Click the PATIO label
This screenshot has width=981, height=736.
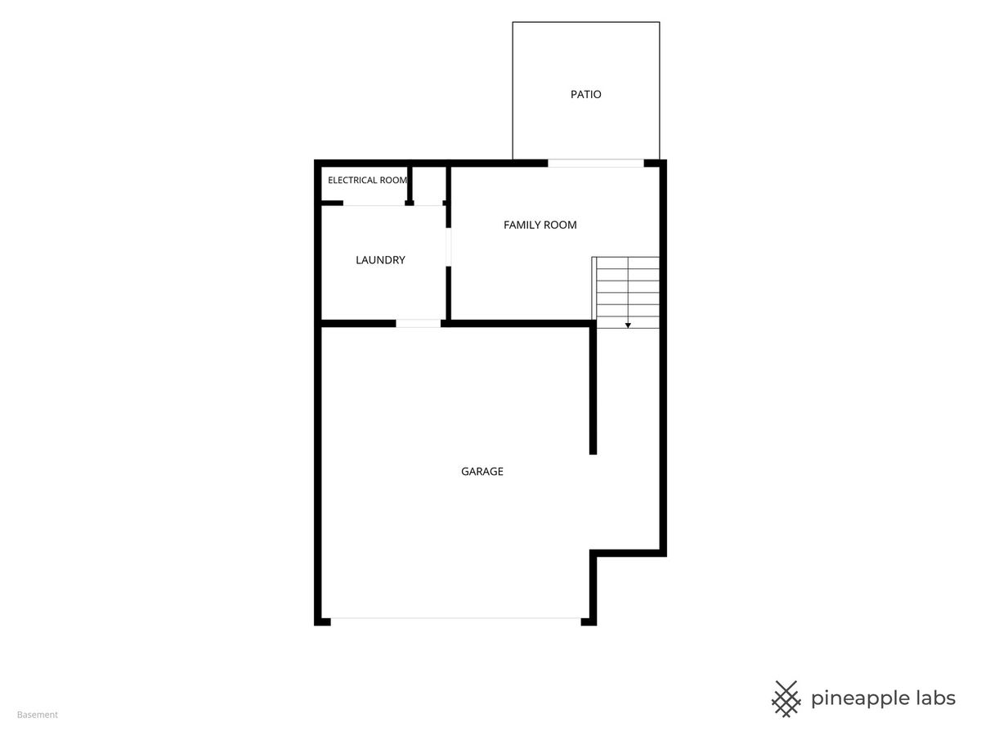click(585, 94)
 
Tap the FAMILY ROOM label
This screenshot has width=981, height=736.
click(540, 225)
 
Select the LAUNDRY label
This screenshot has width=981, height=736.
click(380, 259)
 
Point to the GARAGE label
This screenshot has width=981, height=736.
click(482, 471)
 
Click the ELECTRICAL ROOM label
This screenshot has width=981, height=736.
click(367, 180)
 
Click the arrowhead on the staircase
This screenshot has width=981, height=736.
click(628, 325)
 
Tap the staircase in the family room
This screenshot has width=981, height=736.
click(625, 292)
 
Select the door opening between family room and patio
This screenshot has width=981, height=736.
click(596, 163)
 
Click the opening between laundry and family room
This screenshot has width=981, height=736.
click(448, 247)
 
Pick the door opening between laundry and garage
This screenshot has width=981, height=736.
click(419, 323)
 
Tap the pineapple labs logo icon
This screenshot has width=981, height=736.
click(786, 699)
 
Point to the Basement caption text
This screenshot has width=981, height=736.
click(37, 715)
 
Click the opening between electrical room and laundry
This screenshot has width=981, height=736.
click(374, 204)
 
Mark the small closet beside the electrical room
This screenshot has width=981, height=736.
click(429, 184)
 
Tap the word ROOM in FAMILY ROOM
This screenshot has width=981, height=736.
click(558, 225)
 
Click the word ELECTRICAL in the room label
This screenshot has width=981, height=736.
click(352, 180)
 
